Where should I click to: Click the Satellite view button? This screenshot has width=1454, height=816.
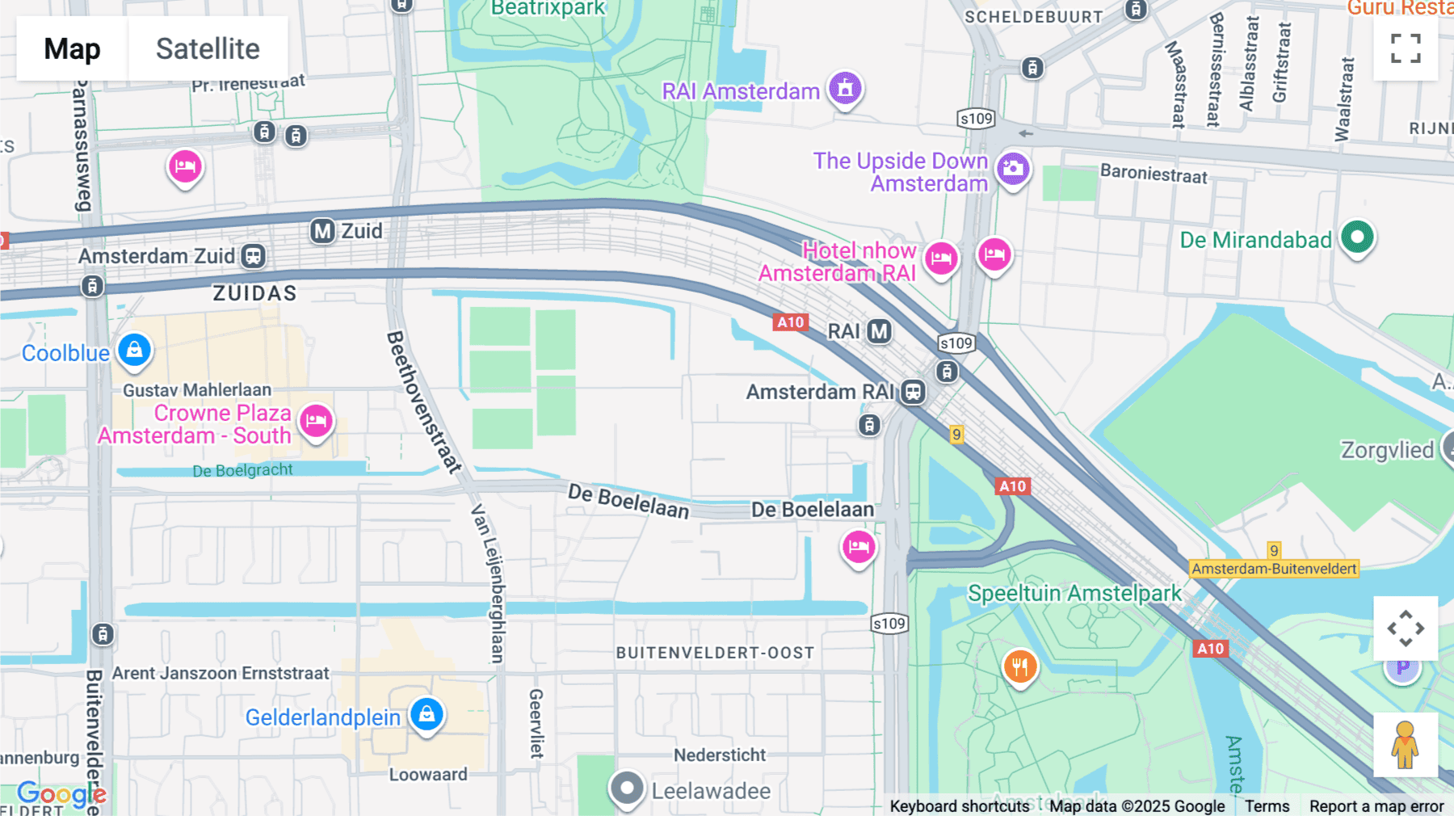tap(208, 48)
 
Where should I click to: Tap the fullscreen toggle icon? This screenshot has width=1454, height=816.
tap(1406, 48)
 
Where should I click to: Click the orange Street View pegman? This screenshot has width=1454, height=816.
tap(1405, 745)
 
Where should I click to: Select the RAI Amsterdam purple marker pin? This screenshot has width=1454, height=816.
tap(845, 88)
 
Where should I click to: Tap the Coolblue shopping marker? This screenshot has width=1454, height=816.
tap(134, 351)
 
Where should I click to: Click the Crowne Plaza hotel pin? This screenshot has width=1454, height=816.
tap(316, 421)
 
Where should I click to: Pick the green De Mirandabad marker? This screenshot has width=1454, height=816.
tap(1357, 238)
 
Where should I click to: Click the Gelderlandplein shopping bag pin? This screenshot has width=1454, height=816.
tap(427, 714)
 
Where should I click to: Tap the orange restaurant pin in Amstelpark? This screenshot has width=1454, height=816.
tap(1019, 667)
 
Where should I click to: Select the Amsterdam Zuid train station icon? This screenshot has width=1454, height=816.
tap(253, 256)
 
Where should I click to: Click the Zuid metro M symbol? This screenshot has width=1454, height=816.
tap(322, 231)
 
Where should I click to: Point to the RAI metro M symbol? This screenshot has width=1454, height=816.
tap(879, 331)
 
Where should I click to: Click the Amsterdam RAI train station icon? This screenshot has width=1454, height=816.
tap(913, 392)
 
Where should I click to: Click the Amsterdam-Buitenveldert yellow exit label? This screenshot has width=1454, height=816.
tap(1274, 569)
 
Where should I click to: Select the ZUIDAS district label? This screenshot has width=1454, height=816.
tap(254, 293)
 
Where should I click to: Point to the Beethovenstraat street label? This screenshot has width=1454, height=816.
tap(424, 402)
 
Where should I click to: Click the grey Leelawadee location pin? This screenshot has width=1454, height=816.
tap(626, 788)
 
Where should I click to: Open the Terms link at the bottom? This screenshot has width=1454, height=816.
tap(1267, 806)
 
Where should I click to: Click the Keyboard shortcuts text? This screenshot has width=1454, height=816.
tap(959, 806)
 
